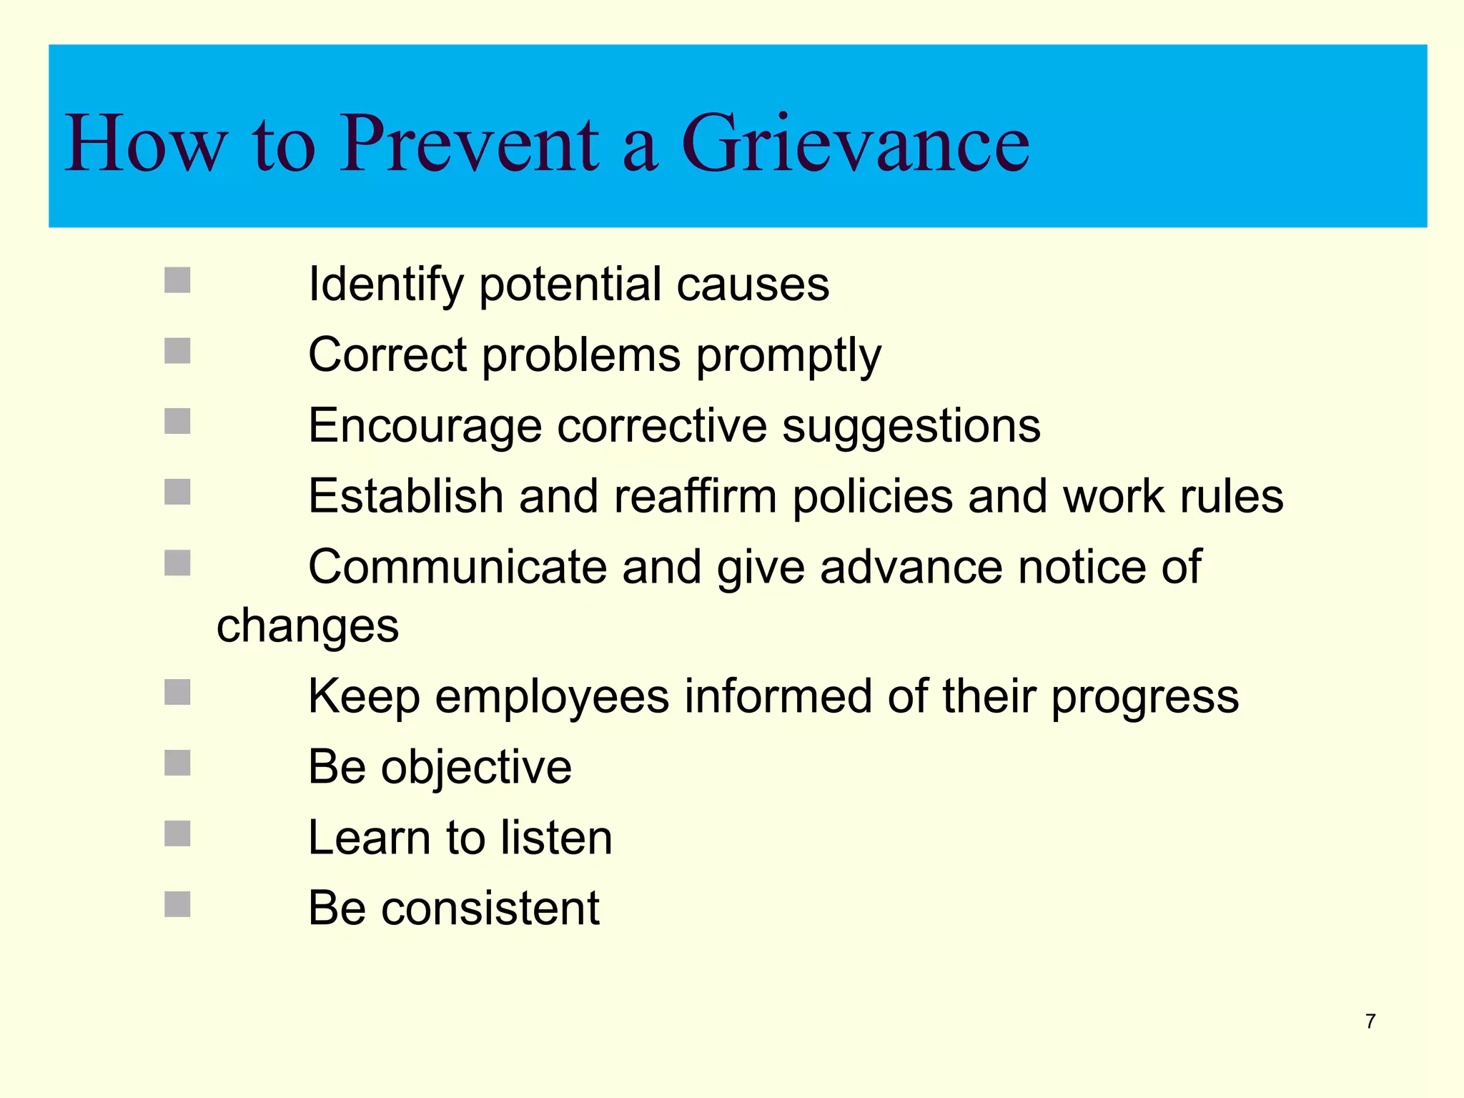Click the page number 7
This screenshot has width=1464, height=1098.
tap(1370, 1022)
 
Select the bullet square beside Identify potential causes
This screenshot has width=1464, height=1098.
tap(177, 280)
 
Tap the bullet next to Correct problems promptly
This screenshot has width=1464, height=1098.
tap(177, 351)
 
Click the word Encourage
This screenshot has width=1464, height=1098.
tap(425, 426)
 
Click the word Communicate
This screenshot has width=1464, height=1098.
tap(457, 567)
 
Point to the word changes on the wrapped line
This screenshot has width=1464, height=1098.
tap(307, 626)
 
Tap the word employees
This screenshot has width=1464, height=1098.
tap(552, 696)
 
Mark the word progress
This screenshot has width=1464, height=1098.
tap(1144, 696)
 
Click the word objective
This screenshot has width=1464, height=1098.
tap(476, 767)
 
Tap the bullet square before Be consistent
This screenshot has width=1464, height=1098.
tap(177, 904)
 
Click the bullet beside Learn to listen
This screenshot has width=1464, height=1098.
tap(177, 834)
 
